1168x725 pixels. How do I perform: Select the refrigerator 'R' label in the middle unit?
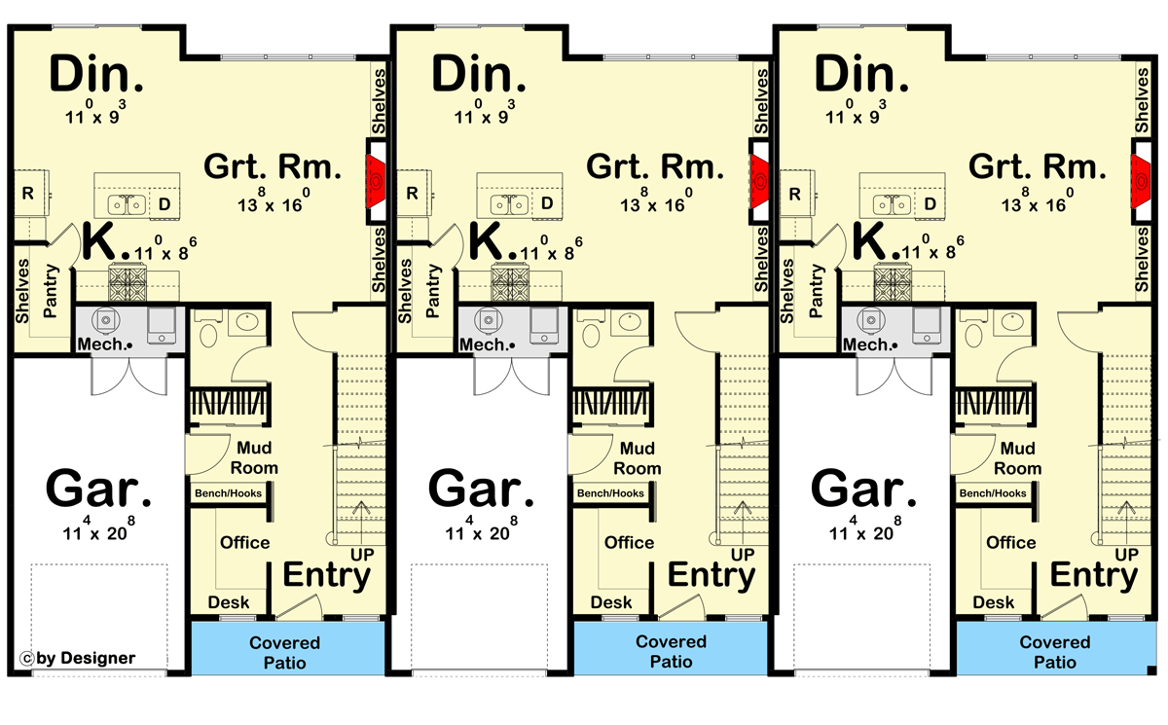click(412, 193)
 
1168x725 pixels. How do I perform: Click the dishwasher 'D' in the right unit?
click(930, 203)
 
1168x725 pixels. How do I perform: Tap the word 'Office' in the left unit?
click(245, 542)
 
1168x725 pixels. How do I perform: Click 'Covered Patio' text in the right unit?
click(1056, 653)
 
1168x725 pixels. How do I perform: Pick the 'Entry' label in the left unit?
click(326, 575)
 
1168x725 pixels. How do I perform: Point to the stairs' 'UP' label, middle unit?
click(743, 554)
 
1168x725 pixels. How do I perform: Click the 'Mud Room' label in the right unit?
click(1017, 458)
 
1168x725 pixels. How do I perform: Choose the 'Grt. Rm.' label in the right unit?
click(1039, 166)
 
